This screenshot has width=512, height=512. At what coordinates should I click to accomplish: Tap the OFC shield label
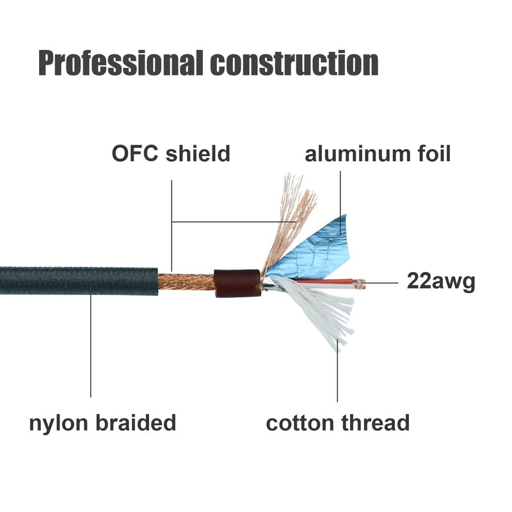tap(171, 154)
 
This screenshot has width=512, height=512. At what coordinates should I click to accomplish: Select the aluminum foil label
tap(378, 154)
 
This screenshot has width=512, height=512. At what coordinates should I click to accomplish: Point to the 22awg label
tap(441, 282)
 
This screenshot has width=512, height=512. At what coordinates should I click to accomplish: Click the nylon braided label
tap(102, 422)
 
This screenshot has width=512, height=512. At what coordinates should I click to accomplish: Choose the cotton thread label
tap(337, 422)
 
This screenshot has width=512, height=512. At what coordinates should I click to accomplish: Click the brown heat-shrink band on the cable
tap(237, 283)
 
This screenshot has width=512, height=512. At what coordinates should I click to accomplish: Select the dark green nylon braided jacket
tap(77, 281)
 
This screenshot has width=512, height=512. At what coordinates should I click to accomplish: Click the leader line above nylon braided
tap(91, 346)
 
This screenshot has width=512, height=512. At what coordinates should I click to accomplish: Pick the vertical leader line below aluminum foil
tap(340, 192)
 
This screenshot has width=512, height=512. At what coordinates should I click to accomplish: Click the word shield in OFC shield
tap(198, 154)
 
